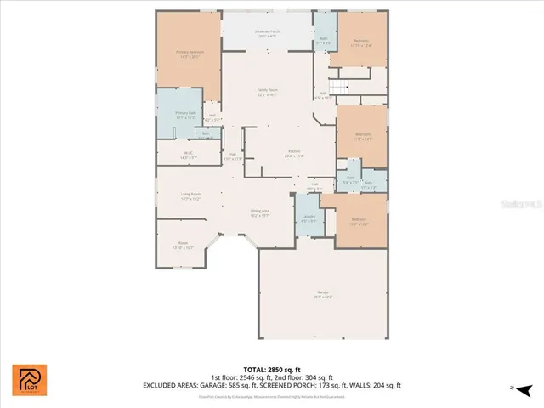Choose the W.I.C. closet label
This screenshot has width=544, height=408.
(188, 156)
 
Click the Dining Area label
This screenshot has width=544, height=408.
(260, 212)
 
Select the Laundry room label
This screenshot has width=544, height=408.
(307, 218)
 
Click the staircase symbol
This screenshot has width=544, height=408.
(339, 88)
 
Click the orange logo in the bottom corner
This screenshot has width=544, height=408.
(30, 380)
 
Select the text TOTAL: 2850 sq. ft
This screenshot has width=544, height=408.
(272, 369)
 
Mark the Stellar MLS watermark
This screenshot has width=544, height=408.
(518, 205)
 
